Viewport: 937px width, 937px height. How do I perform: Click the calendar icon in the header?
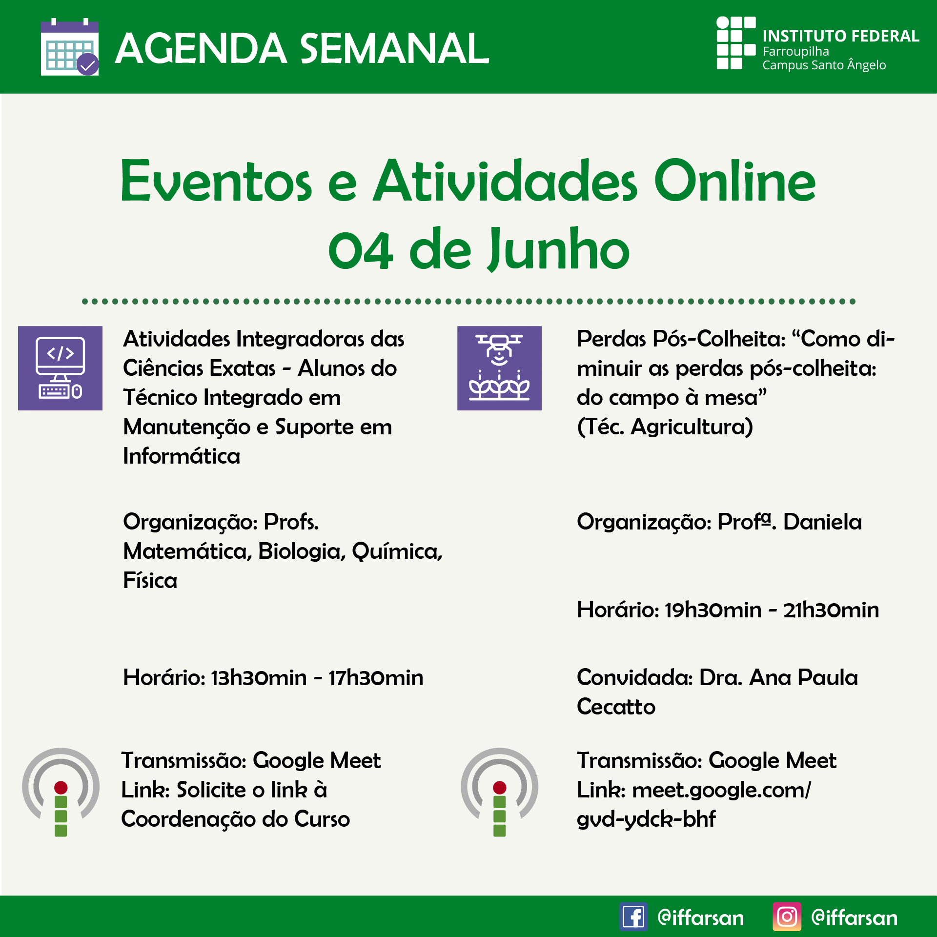tap(70, 47)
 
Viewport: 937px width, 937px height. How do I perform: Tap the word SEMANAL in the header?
tap(394, 48)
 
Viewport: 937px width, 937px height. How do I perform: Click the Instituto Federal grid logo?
tap(736, 43)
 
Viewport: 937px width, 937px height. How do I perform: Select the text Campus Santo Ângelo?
tap(824, 65)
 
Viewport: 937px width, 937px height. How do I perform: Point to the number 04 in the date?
tap(361, 250)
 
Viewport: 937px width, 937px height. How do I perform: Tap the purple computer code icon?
tap(60, 368)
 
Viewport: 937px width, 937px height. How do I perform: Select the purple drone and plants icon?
tap(499, 368)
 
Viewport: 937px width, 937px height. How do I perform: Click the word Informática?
tap(182, 456)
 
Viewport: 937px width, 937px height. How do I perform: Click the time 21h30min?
tap(831, 610)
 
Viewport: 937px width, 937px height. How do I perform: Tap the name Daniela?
tap(822, 522)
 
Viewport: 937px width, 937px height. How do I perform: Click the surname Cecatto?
tap(616, 707)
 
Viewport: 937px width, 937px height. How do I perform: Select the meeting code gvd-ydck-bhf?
tap(646, 819)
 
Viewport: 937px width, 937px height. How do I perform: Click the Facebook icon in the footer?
tap(633, 917)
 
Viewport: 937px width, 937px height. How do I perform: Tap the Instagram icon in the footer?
tap(787, 917)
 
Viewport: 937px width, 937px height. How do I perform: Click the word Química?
tap(397, 551)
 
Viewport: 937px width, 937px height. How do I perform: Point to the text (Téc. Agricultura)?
tap(665, 427)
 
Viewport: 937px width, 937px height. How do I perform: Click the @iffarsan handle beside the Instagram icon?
tap(854, 918)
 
